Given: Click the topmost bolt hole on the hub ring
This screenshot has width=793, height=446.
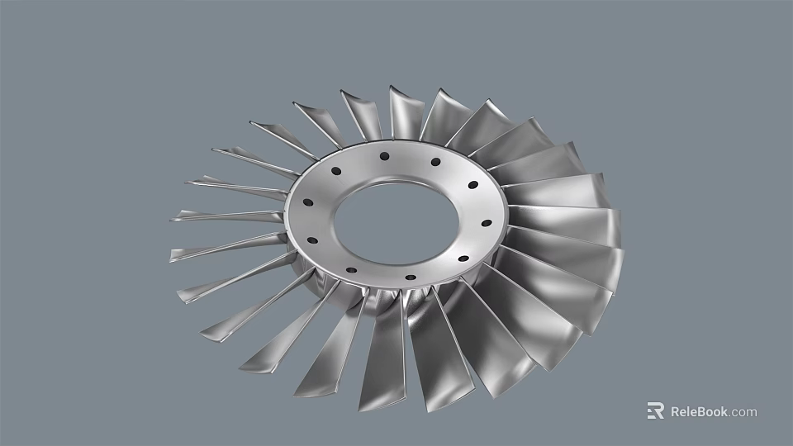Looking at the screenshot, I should click(x=384, y=155).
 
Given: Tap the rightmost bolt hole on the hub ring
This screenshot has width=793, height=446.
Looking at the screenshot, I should click(x=486, y=222).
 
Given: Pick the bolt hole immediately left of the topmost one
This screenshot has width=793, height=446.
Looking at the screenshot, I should click(x=336, y=172).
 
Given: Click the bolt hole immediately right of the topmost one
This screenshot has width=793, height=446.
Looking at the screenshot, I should click(x=435, y=162).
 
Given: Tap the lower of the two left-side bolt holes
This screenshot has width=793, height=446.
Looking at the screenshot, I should click(x=312, y=240).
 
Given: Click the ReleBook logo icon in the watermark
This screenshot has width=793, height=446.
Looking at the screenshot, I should click(x=655, y=410).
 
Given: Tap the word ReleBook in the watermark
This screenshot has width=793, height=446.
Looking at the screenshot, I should click(x=699, y=411).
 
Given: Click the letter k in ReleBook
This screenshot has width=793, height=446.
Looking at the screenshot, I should click(x=724, y=411).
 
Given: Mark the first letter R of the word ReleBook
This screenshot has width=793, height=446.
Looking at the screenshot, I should click(x=675, y=411).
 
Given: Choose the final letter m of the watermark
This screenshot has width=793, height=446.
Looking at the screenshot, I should click(x=751, y=412).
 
